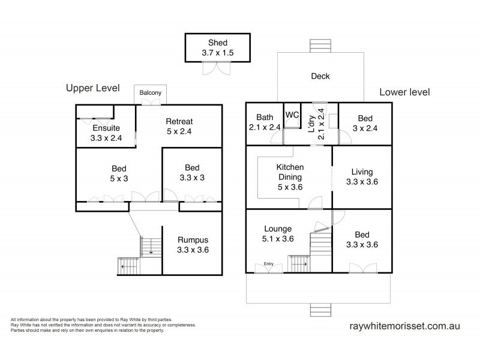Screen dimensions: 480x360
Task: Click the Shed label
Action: click(218, 43)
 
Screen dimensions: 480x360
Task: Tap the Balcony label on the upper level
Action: click(151, 93)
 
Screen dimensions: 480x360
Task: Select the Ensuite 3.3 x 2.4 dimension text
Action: click(106, 138)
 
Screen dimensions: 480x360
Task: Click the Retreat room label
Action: click(179, 122)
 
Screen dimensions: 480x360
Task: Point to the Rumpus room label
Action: click(193, 240)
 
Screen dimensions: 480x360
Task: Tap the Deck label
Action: click(320, 76)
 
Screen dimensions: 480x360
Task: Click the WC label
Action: click(292, 115)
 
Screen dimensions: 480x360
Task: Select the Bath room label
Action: click(265, 117)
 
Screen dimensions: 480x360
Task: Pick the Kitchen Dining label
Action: click(290, 172)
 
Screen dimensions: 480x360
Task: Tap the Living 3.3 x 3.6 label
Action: click(362, 176)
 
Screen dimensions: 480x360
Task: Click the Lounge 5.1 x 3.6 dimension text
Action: click(278, 239)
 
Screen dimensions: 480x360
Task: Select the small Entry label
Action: click(268, 264)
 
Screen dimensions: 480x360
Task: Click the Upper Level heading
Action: click(93, 88)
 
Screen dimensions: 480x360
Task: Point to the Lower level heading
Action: click(404, 92)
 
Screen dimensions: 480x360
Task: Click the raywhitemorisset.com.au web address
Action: click(404, 326)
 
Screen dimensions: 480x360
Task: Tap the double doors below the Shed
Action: click(217, 68)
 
